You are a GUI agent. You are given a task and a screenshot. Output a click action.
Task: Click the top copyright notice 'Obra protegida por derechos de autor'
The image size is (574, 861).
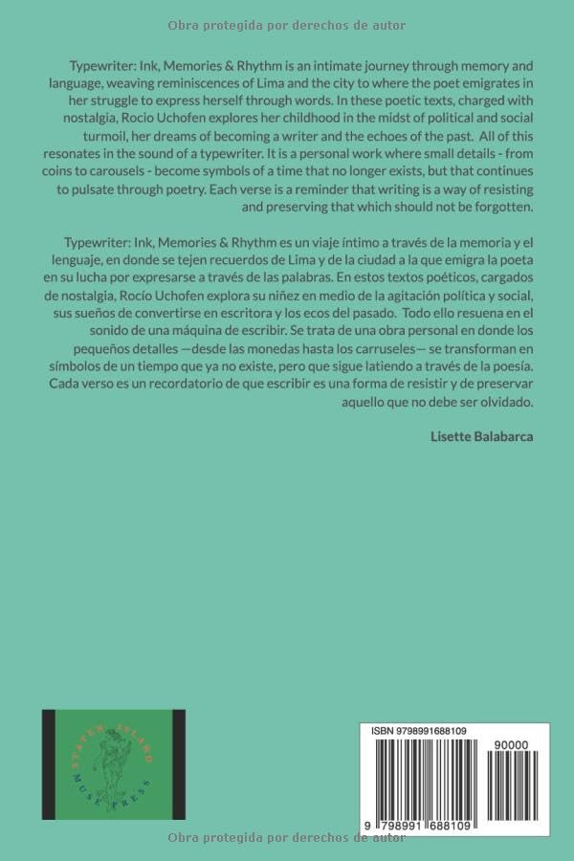[x=287, y=26]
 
